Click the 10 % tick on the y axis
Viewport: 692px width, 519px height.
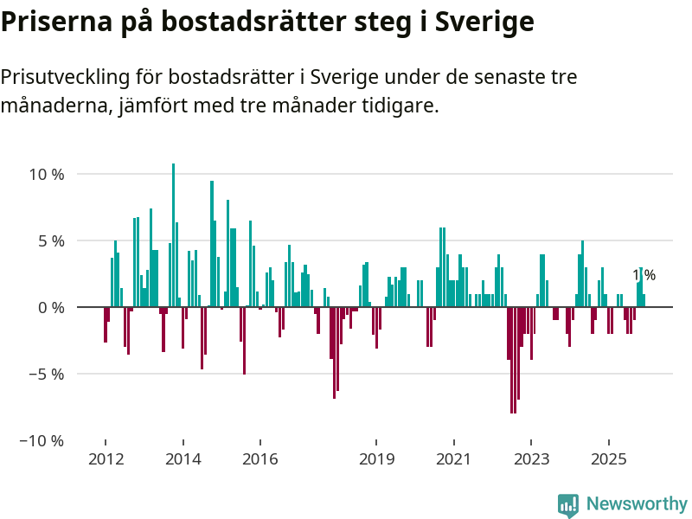tap(47, 174)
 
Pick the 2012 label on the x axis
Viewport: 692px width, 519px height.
tap(106, 459)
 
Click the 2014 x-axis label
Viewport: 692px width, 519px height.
tap(183, 459)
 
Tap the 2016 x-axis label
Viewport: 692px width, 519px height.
tap(259, 459)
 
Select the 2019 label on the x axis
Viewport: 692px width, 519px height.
tap(375, 459)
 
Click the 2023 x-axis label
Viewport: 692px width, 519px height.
tap(531, 459)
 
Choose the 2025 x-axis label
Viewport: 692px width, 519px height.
tap(608, 459)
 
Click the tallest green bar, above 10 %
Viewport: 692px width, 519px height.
tap(173, 234)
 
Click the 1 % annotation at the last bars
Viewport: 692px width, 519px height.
tap(644, 276)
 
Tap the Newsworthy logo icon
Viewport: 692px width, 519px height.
tap(568, 505)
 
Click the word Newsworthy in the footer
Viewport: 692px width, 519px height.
tap(637, 504)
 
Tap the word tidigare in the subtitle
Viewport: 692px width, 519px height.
tap(406, 107)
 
